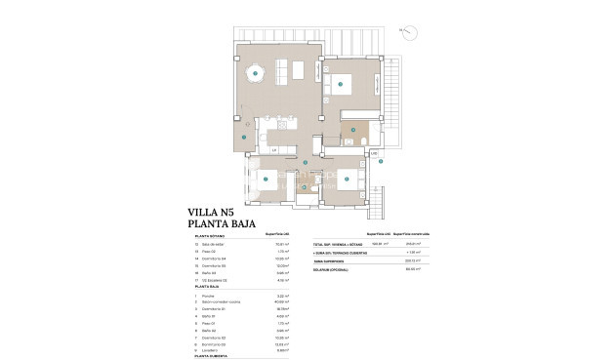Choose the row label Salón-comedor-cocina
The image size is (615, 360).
click(x=222, y=301)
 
